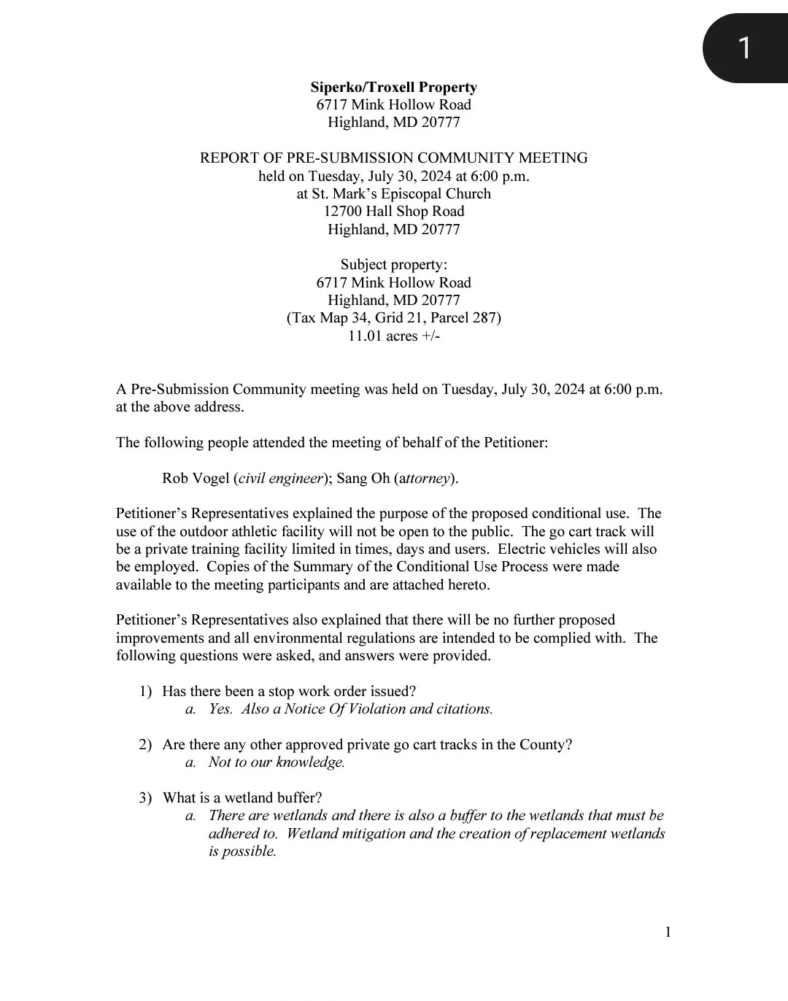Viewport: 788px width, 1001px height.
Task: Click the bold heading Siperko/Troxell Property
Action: [x=393, y=88]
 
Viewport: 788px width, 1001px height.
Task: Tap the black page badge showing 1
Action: [x=744, y=48]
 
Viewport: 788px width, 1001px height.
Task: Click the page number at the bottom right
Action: [x=668, y=932]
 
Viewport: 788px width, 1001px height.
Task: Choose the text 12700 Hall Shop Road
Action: [x=394, y=212]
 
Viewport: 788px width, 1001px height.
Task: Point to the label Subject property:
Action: [x=394, y=265]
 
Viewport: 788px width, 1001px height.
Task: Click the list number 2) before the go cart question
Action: [x=145, y=745]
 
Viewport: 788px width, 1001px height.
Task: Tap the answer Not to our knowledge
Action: [x=277, y=762]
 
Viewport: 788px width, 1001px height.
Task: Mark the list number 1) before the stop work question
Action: [x=145, y=692]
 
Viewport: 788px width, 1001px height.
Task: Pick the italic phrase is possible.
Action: [x=242, y=851]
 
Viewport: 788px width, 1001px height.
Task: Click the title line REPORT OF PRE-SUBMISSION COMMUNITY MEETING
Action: [x=394, y=158]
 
